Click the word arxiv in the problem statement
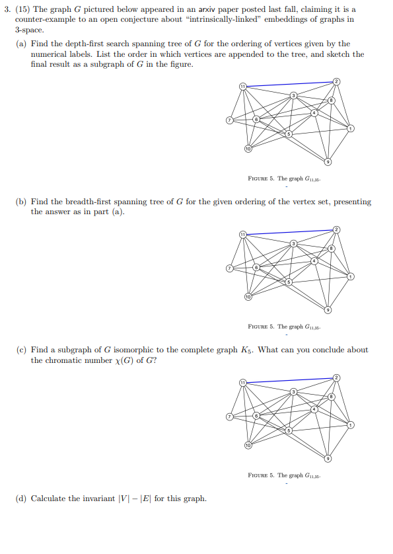(x=200, y=9)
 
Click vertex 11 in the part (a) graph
(x=242, y=87)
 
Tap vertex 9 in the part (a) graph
(x=328, y=162)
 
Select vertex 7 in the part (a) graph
(x=229, y=120)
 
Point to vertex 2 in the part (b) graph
(x=336, y=229)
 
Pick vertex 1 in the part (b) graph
(x=351, y=276)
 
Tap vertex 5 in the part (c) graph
(x=288, y=430)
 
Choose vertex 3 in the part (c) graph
(x=294, y=393)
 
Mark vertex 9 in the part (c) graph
(x=328, y=458)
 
